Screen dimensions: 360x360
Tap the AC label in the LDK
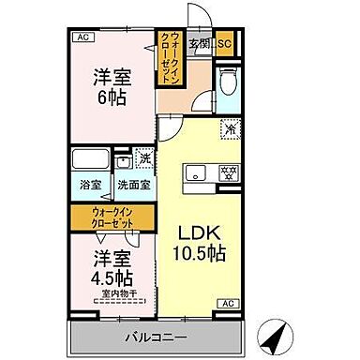[x=229, y=303]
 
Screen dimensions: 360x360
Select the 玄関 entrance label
[x=199, y=43]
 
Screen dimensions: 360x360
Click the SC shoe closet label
[x=224, y=43]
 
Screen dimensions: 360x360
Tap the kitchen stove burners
[x=225, y=172]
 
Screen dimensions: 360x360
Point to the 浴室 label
[x=90, y=185]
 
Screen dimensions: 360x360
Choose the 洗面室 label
[x=132, y=185]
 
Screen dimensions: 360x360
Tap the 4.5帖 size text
[x=112, y=277]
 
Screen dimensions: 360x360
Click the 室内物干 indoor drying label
[x=115, y=296]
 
